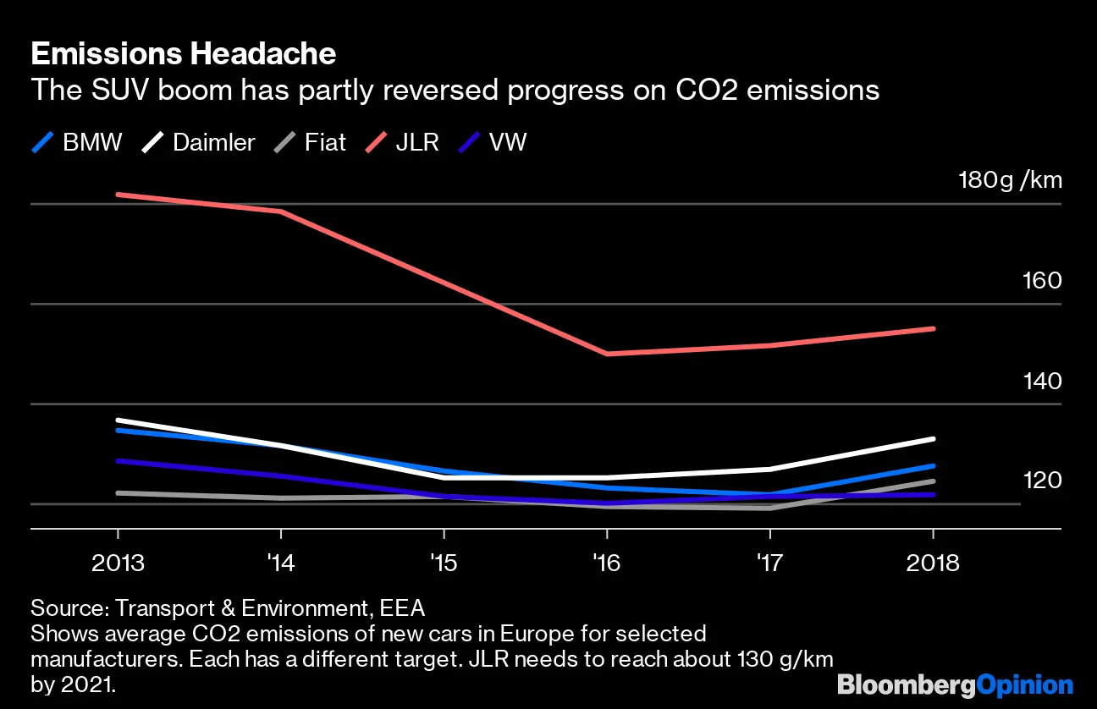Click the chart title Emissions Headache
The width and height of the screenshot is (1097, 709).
183,54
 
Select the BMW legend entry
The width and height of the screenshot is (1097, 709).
78,141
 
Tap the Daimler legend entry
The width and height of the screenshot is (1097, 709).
198,141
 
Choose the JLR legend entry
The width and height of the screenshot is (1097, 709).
402,141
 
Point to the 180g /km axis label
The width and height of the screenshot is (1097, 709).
1009,179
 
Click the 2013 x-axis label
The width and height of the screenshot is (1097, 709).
118,563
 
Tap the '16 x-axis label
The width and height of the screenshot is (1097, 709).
606,563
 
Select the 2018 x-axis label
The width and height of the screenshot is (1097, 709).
932,563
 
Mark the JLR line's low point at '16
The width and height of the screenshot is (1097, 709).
607,354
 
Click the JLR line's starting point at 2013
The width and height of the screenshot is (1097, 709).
118,195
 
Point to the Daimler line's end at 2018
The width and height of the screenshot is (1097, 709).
933,439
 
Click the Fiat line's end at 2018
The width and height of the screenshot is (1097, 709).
933,481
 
